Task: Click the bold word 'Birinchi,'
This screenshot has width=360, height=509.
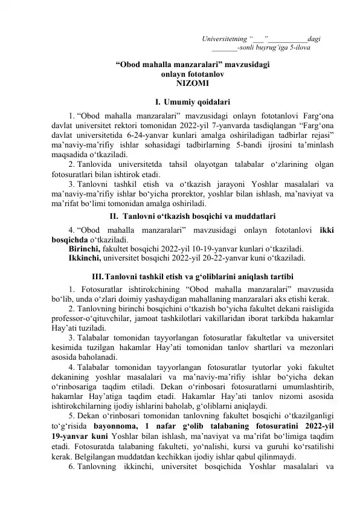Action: coord(85,248)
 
